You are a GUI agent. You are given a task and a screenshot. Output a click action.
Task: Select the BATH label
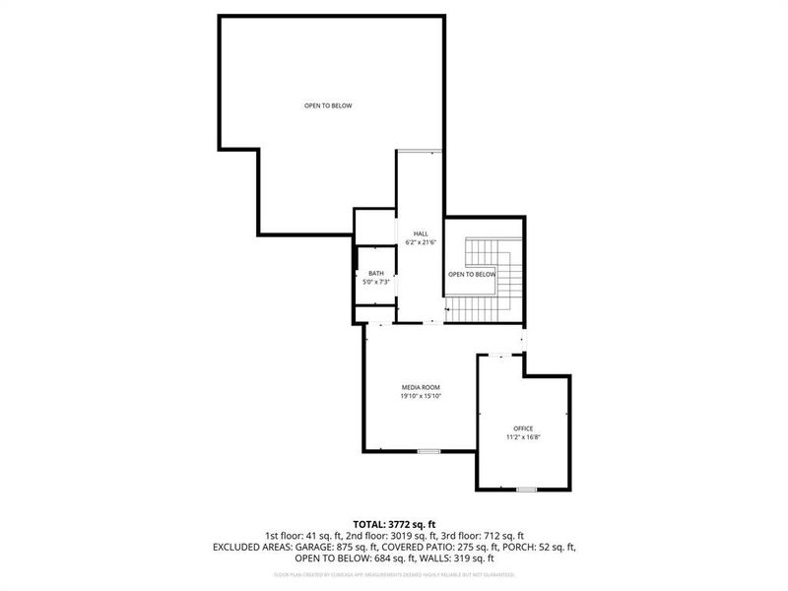[x=376, y=274]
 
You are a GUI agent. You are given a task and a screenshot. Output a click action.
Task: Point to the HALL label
[x=421, y=233]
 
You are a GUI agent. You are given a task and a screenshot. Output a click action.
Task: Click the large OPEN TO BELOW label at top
[x=328, y=105]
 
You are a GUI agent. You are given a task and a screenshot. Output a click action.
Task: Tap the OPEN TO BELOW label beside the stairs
[x=472, y=275]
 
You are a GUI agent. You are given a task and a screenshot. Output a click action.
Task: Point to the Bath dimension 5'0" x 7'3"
[x=376, y=283]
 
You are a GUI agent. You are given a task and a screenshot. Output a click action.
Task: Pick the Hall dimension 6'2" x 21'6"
[x=421, y=242]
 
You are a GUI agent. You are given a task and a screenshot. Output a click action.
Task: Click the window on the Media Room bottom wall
[x=427, y=451]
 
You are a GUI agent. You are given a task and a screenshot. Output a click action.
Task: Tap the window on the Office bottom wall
[x=526, y=489]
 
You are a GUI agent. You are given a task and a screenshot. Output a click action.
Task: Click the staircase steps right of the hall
[x=504, y=286]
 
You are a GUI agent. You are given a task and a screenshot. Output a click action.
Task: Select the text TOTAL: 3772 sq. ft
[x=394, y=523]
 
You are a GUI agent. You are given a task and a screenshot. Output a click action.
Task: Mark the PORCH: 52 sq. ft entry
[x=540, y=546]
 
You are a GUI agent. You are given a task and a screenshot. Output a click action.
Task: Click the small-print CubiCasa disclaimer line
[x=394, y=572]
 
